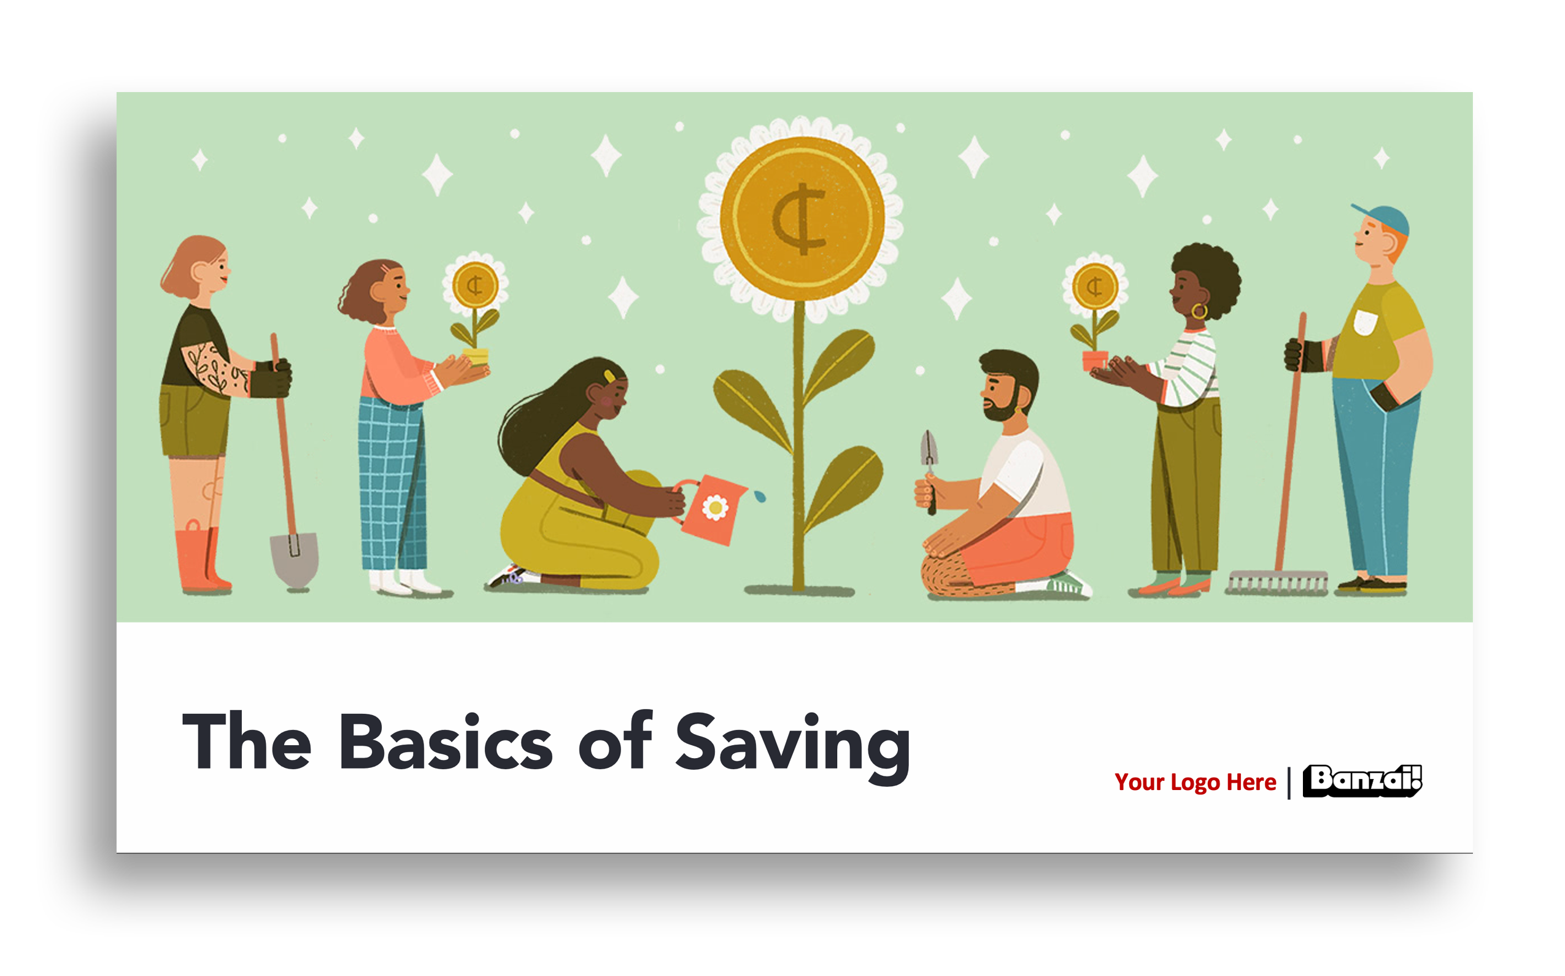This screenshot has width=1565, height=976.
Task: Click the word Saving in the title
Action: click(792, 747)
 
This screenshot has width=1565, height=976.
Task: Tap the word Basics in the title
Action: click(446, 742)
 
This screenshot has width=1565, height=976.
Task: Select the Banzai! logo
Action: click(1362, 781)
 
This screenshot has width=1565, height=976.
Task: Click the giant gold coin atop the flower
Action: click(802, 219)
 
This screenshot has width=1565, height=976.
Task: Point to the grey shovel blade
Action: click(295, 559)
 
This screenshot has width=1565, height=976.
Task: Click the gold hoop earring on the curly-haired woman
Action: click(1199, 311)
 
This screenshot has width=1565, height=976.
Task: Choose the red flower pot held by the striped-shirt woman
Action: click(1095, 360)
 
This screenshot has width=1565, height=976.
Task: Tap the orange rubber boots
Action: click(201, 559)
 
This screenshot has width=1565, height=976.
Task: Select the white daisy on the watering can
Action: click(715, 508)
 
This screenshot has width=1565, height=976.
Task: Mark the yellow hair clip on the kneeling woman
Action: click(609, 376)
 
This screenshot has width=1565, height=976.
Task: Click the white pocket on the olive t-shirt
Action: click(1366, 322)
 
